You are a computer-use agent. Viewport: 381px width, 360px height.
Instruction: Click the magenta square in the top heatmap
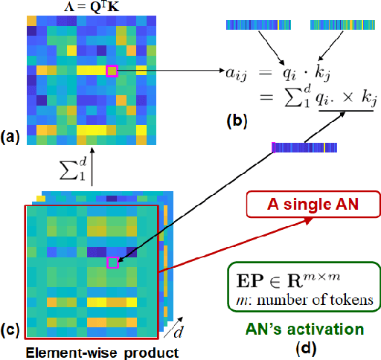tap(112, 71)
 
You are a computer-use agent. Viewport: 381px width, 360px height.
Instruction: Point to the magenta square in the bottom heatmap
tap(112, 262)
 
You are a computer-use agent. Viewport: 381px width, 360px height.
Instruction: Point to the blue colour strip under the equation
tap(305, 147)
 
